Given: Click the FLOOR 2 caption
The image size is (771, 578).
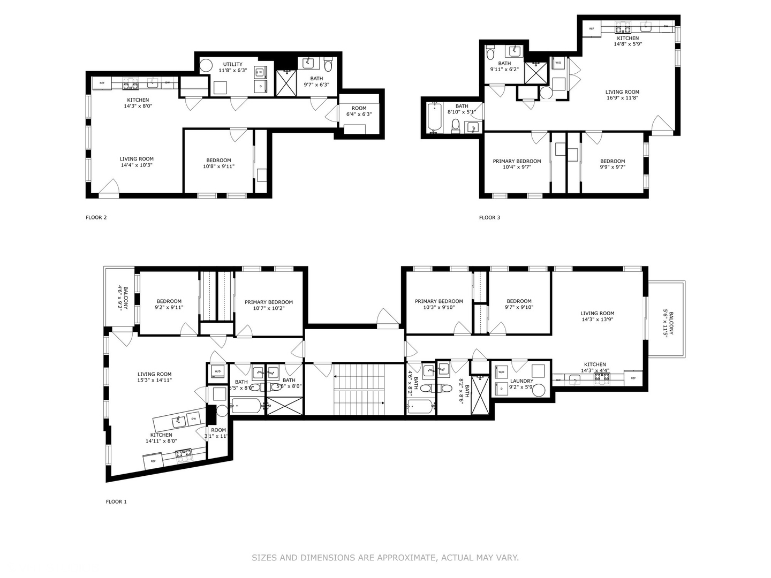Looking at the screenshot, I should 96,217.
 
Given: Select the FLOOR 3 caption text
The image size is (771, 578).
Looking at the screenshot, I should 489,217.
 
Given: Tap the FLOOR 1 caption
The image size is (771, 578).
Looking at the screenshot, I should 116,501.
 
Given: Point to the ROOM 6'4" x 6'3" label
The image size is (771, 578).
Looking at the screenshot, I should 359,111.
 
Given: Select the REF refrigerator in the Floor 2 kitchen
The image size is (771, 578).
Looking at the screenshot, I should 102,83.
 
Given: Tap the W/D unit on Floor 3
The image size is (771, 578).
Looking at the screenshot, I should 558,63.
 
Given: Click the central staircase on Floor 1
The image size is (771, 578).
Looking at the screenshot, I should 354,389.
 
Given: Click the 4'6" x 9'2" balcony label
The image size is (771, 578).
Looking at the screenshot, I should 123,298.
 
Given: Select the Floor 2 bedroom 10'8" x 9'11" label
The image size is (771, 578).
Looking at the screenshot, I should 218,163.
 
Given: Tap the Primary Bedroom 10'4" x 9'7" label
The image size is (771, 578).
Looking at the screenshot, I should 517,164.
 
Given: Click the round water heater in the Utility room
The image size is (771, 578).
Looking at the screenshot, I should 206,66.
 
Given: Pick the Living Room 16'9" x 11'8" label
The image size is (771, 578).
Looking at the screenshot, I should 622,95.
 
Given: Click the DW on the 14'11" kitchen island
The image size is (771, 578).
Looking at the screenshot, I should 194,419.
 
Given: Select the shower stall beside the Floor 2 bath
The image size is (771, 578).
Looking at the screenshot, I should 286,83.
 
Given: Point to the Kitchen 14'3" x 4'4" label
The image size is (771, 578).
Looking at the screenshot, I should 595,367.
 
